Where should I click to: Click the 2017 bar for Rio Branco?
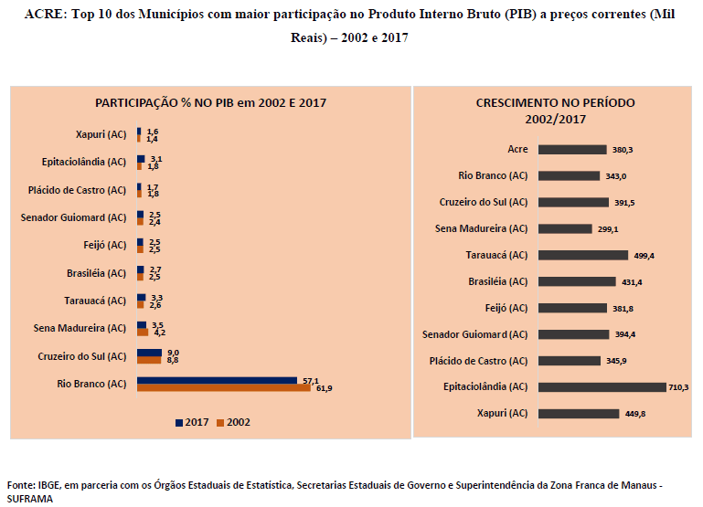(217, 380)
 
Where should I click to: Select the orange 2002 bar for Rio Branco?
(224, 388)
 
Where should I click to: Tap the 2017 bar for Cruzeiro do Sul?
(149, 353)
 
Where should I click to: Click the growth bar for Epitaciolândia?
(602, 387)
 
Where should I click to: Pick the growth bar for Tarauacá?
(583, 255)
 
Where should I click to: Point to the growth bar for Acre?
(572, 149)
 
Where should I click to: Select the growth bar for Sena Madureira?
(568, 228)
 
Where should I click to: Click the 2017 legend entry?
(191, 422)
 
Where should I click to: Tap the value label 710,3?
(678, 387)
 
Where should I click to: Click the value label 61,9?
(323, 389)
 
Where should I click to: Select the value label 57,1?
(310, 379)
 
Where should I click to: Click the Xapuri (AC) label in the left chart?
(101, 135)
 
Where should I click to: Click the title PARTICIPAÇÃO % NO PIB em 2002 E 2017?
(211, 103)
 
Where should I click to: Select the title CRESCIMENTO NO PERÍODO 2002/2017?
(555, 111)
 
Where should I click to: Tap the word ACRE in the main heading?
(44, 16)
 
